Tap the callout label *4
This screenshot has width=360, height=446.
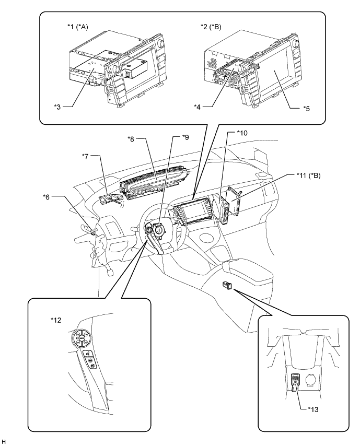198,107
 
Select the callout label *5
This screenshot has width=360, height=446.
306,109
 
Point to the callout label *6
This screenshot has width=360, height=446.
46,196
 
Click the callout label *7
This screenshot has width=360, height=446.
85,156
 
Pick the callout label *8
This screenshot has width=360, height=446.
132,139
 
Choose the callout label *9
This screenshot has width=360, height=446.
185,137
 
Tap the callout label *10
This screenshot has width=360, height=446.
242,133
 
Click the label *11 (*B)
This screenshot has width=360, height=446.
308,175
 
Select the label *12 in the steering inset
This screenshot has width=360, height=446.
55,320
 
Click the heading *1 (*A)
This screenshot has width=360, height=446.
78,27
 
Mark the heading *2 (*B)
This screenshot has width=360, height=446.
211,27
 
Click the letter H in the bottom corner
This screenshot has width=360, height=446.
4,441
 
